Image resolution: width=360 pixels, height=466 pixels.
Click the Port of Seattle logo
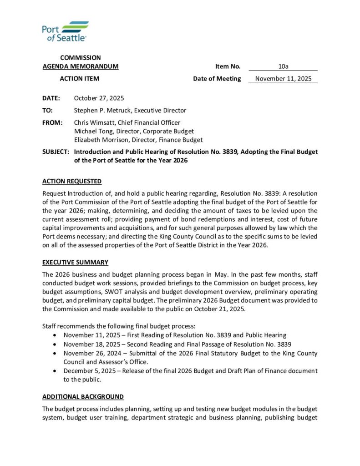coord(65,31)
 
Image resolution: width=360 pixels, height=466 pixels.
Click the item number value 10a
coord(283,66)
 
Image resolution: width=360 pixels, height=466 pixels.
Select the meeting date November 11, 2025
coord(283,79)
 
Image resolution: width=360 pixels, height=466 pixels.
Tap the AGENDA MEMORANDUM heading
coord(81,66)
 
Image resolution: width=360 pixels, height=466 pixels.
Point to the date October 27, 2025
coord(99,98)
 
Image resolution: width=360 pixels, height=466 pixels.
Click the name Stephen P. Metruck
coord(102,111)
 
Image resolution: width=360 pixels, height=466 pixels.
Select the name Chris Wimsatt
coord(95,123)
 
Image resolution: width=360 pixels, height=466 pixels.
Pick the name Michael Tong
coord(92,132)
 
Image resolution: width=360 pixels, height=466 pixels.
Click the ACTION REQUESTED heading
coord(72,182)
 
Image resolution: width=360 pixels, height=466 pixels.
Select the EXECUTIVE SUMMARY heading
coord(75,263)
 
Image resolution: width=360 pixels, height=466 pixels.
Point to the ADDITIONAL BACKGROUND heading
coord(83,397)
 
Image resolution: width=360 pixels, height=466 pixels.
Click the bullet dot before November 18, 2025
coord(55,344)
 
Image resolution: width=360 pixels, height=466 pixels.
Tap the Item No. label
coord(228,66)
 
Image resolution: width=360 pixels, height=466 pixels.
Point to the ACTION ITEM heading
coord(80,79)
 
